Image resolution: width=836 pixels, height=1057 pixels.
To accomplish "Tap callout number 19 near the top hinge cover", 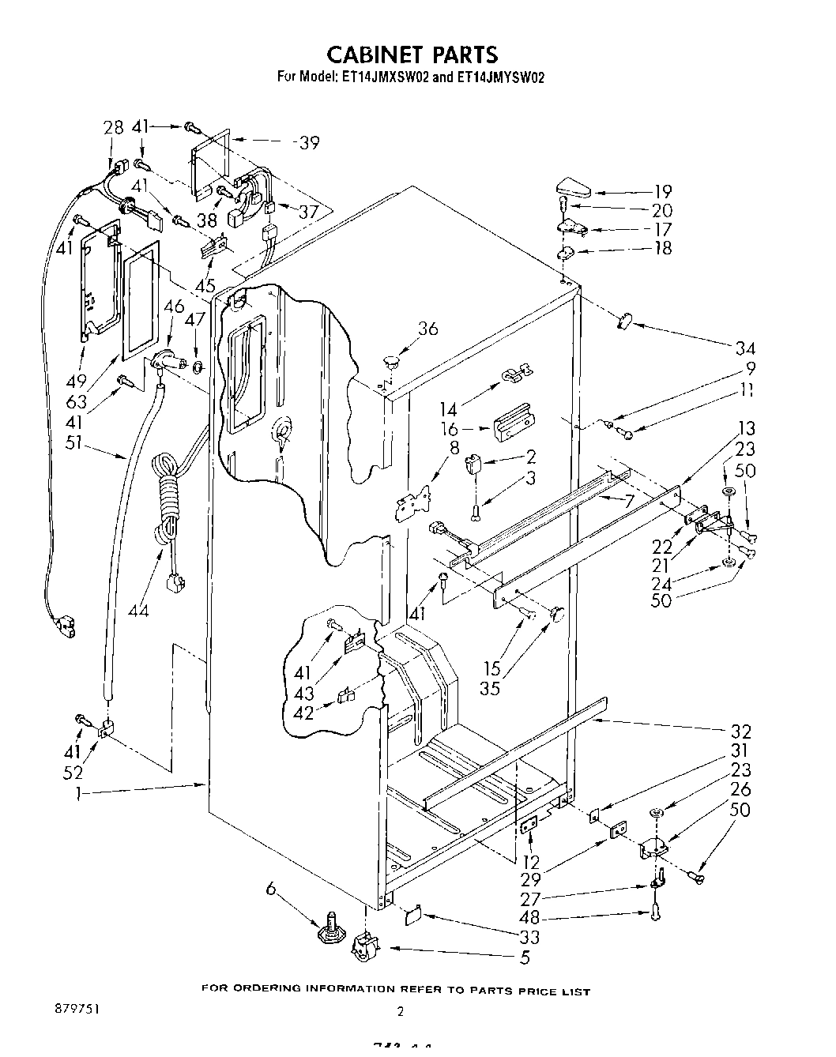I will (x=663, y=191).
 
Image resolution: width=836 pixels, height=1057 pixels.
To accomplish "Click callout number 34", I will (x=745, y=348).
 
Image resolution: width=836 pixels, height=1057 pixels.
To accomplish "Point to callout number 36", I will (x=427, y=328).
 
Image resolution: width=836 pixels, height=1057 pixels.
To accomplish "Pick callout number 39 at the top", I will (x=308, y=142).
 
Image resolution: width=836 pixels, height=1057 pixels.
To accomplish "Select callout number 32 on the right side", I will (x=740, y=732).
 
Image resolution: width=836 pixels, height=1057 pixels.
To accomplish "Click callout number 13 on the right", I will (x=745, y=428).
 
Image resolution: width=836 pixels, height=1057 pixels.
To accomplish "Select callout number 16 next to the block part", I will (x=450, y=429).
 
